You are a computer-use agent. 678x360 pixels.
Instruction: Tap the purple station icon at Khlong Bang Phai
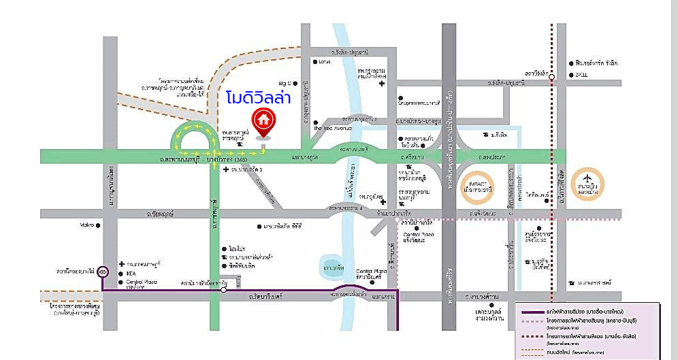click(x=102, y=272)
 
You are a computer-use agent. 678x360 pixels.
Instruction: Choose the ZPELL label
click(x=581, y=74)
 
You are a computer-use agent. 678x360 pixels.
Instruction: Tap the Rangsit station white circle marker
click(x=551, y=77)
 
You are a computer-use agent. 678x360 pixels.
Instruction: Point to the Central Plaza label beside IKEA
click(x=140, y=282)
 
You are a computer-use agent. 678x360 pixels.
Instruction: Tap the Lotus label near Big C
click(x=324, y=62)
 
